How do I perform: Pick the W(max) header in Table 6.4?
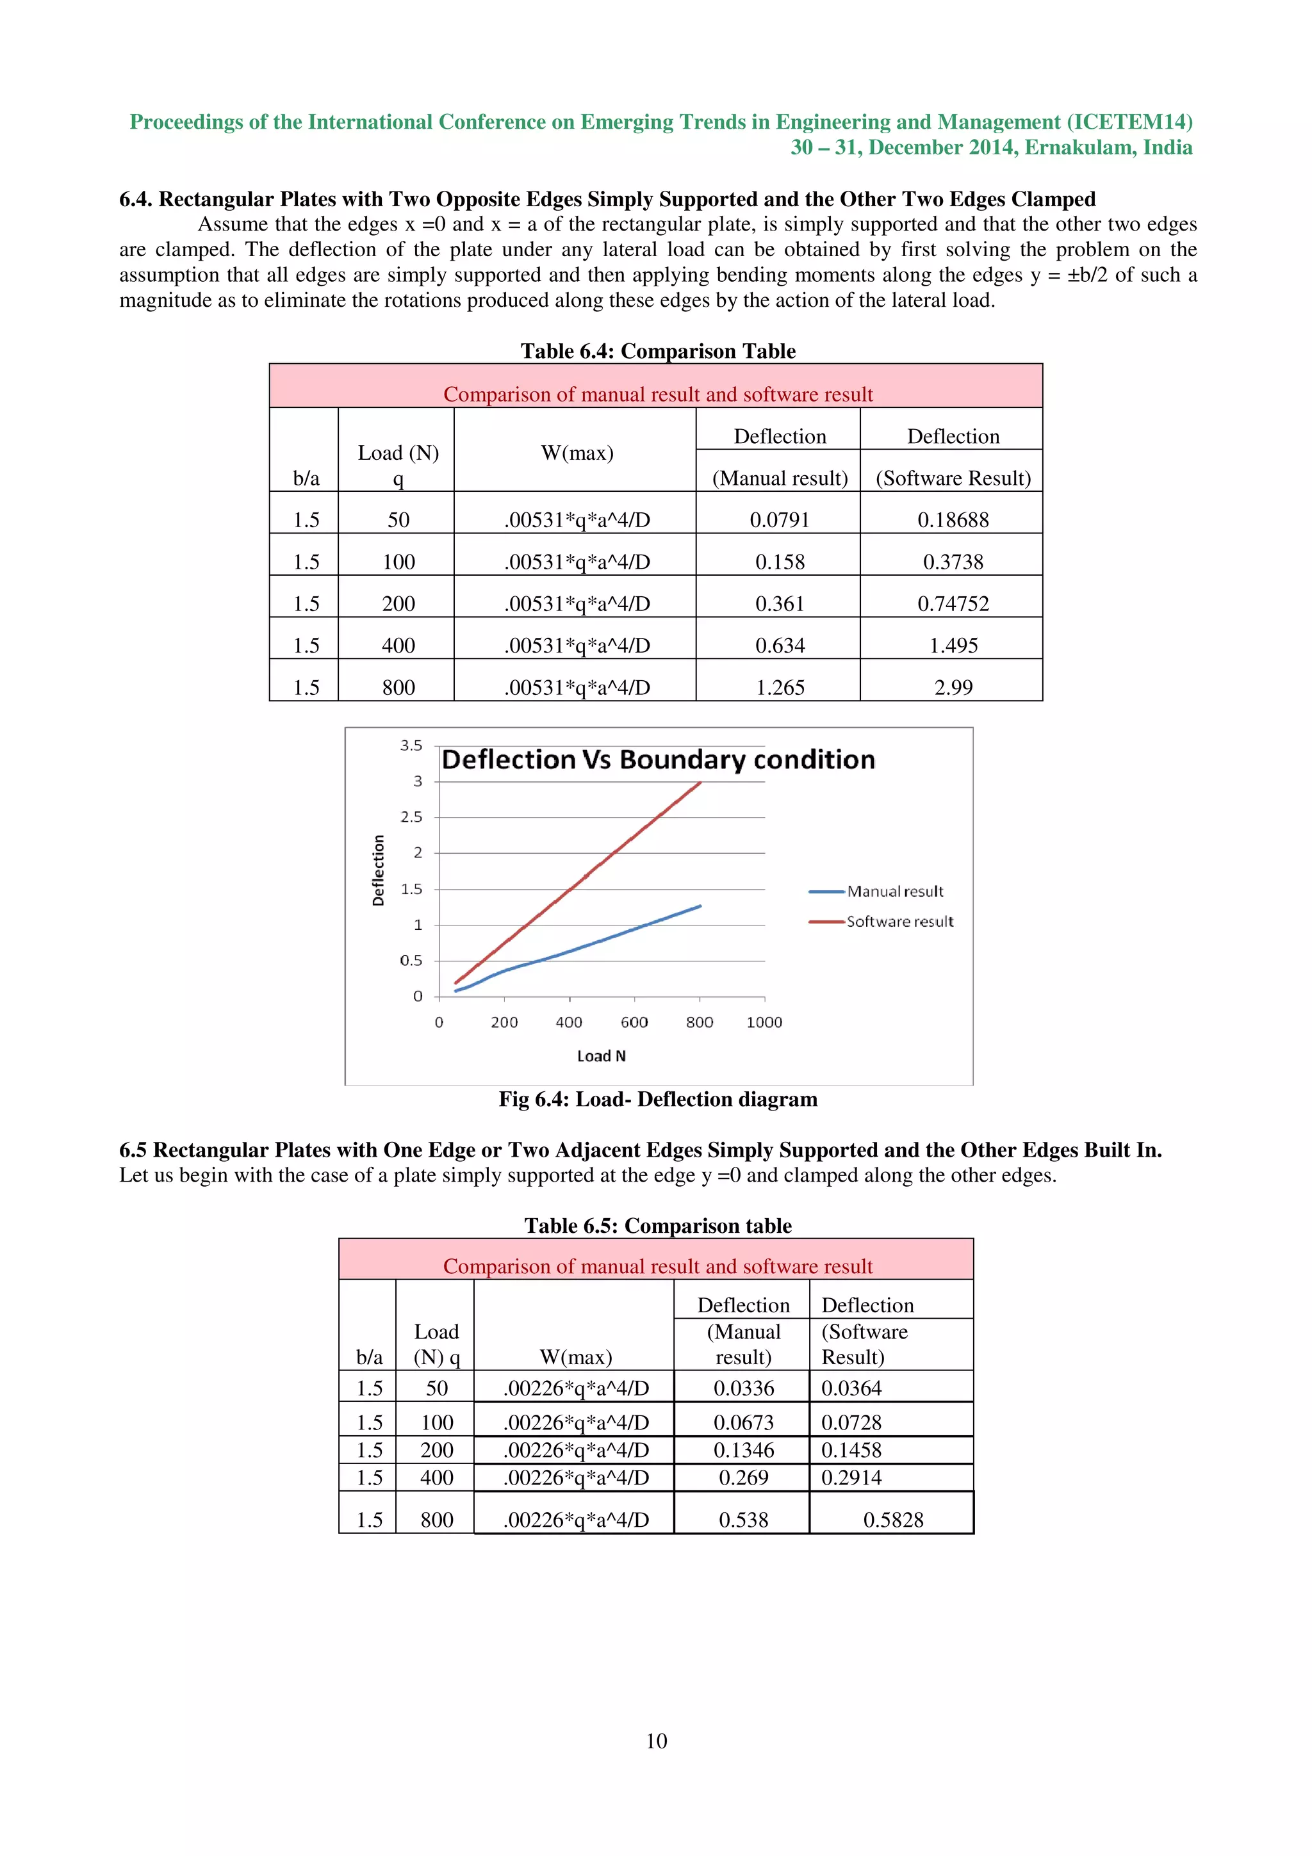[x=577, y=453]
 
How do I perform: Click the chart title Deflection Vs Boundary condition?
[x=658, y=760]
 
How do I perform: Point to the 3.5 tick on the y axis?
[x=411, y=745]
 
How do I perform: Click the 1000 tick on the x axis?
[x=764, y=1023]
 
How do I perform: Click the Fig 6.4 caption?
[x=658, y=1100]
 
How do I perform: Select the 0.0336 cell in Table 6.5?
[x=743, y=1388]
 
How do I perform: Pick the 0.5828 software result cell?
[x=892, y=1520]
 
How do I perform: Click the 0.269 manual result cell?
[x=743, y=1477]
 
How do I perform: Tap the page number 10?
[x=657, y=1741]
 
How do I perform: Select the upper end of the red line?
[x=700, y=783]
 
